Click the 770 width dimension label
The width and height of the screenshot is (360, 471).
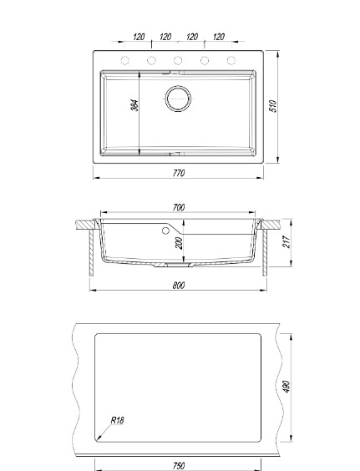[x=179, y=173]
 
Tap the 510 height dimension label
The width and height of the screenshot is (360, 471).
[x=273, y=106]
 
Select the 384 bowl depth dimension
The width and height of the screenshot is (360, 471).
[x=135, y=105]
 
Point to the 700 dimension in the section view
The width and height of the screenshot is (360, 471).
[x=179, y=207]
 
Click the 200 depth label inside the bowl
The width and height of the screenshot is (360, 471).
[x=179, y=243]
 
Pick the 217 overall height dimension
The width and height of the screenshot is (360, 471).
[x=286, y=242]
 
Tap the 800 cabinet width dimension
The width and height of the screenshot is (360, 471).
[x=179, y=285]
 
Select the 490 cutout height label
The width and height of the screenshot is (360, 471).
[x=286, y=387]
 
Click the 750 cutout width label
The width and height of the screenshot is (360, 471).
[x=179, y=465]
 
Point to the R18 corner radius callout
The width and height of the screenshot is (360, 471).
[x=117, y=420]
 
